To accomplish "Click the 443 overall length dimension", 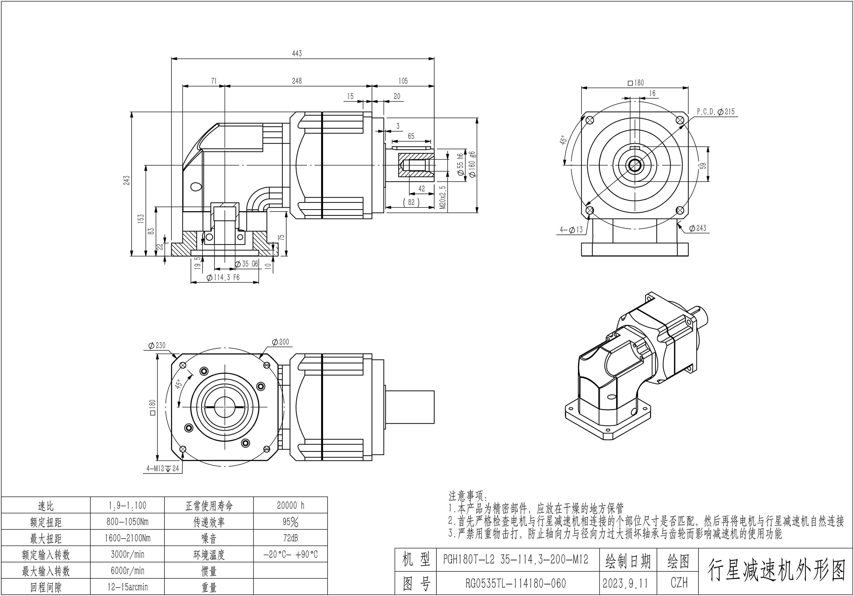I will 297,54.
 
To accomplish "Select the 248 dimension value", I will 297,81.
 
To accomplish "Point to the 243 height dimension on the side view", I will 127,180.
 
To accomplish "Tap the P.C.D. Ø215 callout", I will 716,112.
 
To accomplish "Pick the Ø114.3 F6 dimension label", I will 223,277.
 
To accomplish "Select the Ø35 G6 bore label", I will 247,264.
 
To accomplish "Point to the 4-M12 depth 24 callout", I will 162,468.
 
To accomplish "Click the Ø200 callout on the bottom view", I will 280,342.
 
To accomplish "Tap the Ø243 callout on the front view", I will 697,228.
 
